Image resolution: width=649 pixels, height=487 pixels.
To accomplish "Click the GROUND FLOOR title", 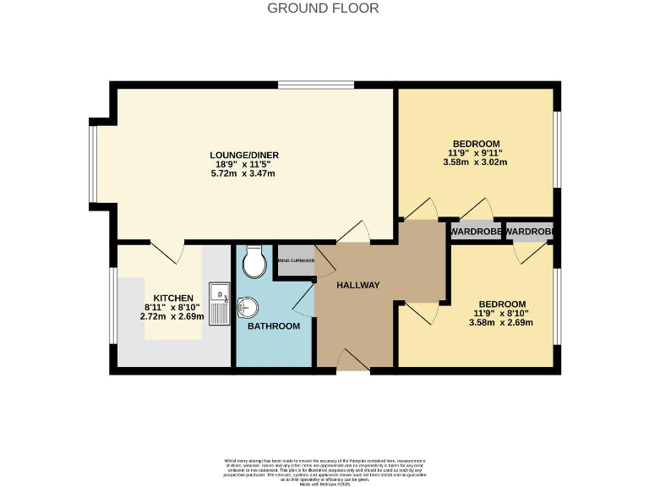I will (x=323, y=8).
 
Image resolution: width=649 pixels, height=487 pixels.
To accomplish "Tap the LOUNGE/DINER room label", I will (x=244, y=155).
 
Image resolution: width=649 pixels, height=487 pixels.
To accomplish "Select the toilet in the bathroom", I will (x=253, y=263).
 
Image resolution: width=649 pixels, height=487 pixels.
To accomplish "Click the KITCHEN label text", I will (x=173, y=298).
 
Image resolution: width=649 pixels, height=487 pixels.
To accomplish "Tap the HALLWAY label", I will (x=357, y=285).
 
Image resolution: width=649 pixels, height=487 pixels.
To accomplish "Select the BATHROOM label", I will (x=273, y=326).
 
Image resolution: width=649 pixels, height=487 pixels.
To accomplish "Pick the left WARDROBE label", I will (x=476, y=232).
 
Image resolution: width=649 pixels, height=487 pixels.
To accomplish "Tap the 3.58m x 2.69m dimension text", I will (x=502, y=323).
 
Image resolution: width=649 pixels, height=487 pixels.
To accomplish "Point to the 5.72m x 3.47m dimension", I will (x=244, y=173).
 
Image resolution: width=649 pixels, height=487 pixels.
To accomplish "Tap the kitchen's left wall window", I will (x=113, y=306).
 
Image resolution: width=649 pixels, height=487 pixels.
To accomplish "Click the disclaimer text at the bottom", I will (x=324, y=468).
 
